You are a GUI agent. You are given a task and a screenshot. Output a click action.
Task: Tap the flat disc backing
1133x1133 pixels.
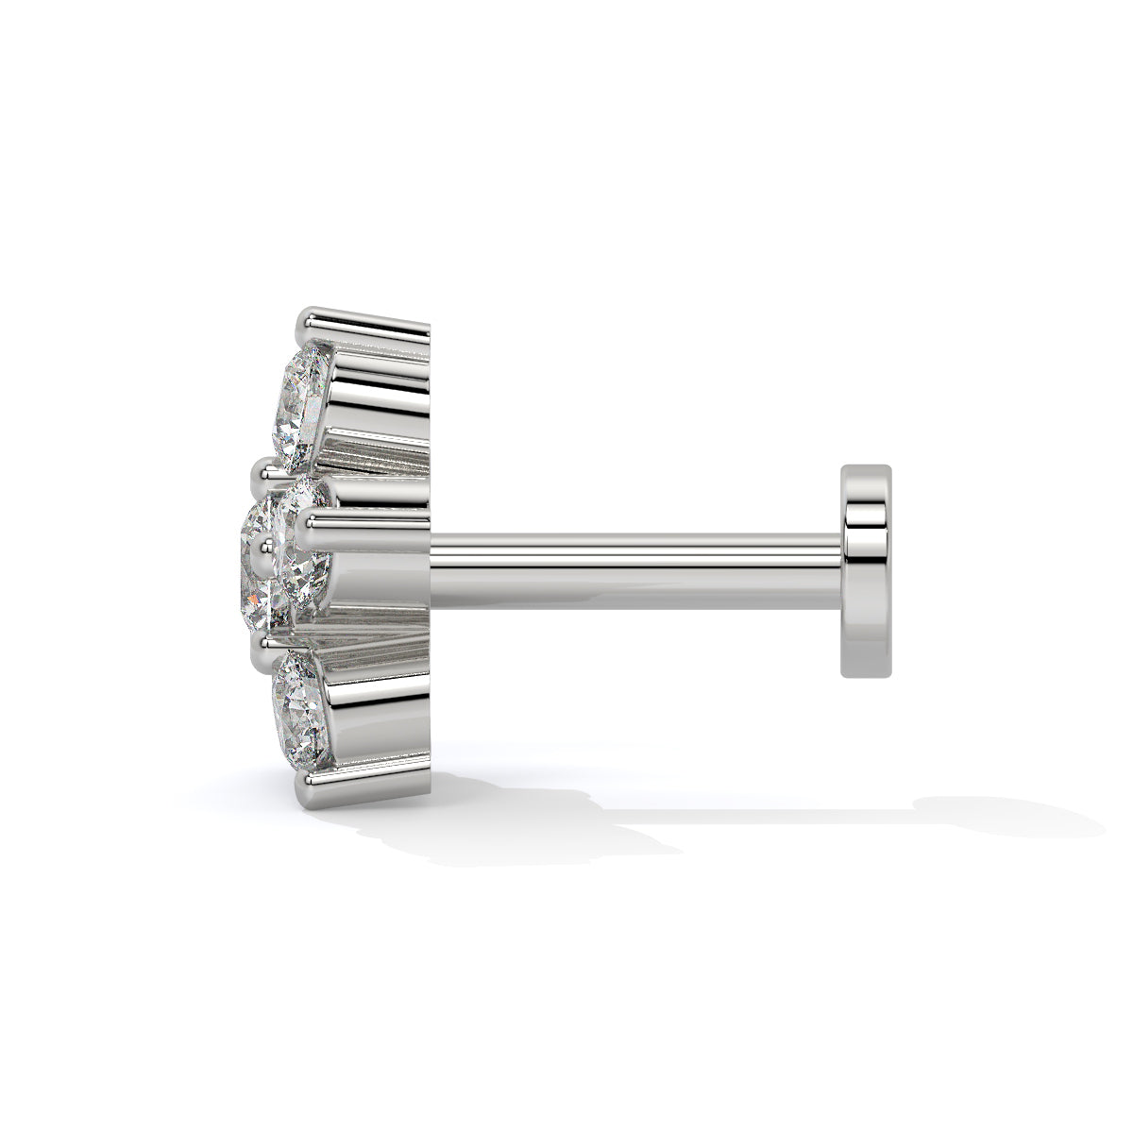point(867,571)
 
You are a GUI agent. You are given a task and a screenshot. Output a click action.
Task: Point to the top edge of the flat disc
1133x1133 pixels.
point(867,466)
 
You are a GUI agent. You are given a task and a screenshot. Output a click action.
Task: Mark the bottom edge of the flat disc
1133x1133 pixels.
point(867,675)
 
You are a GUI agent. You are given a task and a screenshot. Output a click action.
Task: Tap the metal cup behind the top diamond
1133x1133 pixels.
point(378,397)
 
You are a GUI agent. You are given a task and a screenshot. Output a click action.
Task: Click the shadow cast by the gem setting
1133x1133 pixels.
point(491,821)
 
